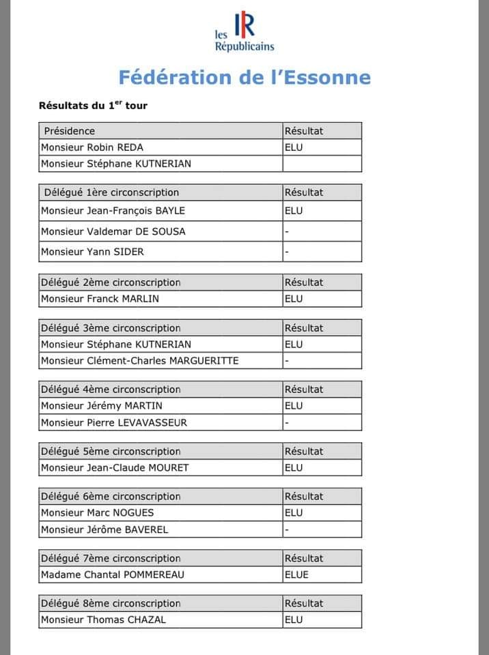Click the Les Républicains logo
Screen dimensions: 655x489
(x=244, y=32)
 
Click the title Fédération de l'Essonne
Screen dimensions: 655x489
(x=244, y=76)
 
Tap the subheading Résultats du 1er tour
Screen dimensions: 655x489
(x=93, y=106)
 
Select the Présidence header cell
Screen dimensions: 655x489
(x=70, y=131)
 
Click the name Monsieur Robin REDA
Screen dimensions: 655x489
(x=92, y=147)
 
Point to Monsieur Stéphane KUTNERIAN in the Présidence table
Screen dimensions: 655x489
(x=116, y=164)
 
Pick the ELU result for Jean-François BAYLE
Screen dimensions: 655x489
(x=294, y=211)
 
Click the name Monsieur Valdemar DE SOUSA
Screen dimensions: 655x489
(x=113, y=231)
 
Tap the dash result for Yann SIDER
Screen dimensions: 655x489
(x=287, y=252)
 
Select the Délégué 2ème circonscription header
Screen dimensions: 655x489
(x=111, y=282)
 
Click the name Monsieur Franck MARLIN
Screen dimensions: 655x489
(x=100, y=299)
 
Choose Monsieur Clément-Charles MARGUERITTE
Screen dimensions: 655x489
(x=140, y=361)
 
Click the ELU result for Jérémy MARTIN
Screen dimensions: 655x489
(x=294, y=406)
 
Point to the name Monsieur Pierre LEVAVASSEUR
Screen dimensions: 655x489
(x=114, y=422)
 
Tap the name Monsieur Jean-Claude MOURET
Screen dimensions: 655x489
(x=115, y=468)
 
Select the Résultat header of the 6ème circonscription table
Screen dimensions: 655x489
(x=304, y=497)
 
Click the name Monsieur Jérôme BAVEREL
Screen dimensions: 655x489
(x=104, y=529)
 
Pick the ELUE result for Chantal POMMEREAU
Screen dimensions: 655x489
(x=296, y=574)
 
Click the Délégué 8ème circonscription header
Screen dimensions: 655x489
(x=111, y=604)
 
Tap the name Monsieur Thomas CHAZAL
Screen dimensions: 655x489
(x=104, y=620)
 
